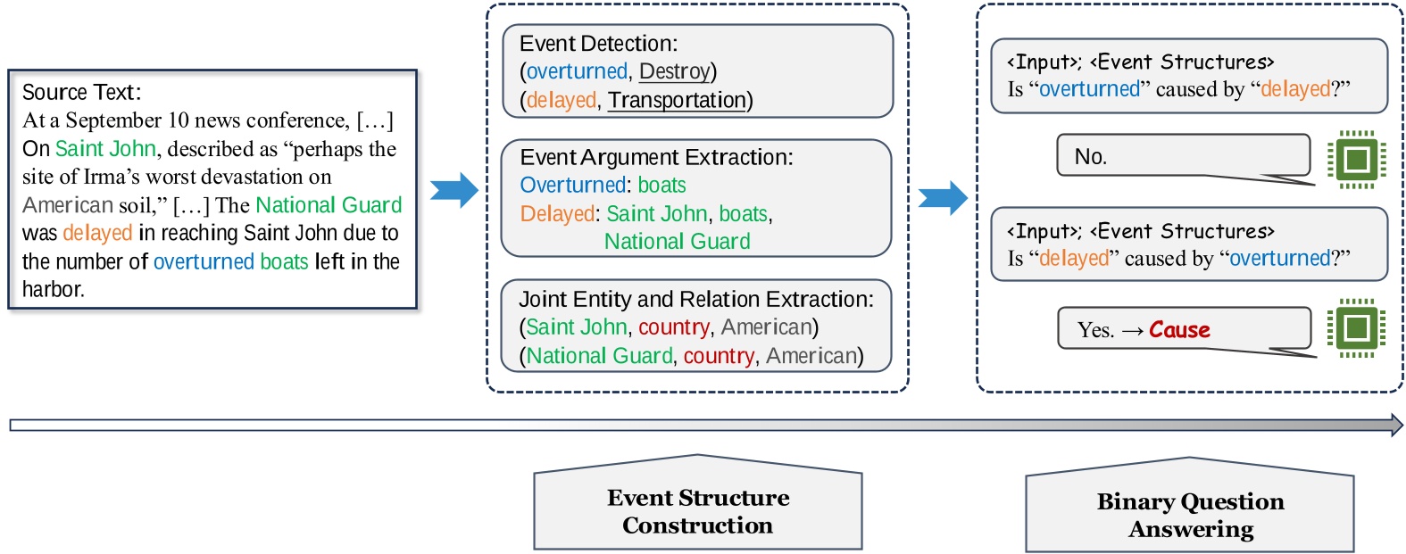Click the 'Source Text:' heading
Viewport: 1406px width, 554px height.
point(81,93)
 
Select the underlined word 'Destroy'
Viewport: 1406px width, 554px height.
point(675,71)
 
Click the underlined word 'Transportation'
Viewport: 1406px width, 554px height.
point(677,100)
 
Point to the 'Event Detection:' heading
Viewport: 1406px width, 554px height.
point(598,43)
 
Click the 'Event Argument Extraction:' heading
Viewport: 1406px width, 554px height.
point(656,157)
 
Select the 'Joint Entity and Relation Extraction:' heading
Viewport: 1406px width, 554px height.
point(696,299)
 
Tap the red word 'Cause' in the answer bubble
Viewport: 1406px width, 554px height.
point(1179,330)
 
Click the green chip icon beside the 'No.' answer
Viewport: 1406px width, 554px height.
point(1356,160)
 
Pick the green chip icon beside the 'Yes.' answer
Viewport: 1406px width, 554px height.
point(1356,327)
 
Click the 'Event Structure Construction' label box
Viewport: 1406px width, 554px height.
point(698,510)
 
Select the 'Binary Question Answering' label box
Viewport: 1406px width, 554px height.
point(1190,514)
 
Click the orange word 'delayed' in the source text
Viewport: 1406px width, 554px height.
point(97,233)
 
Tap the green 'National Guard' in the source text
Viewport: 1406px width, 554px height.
point(329,205)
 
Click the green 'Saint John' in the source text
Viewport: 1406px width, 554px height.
point(105,149)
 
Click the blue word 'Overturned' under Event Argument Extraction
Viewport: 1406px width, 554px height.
point(572,186)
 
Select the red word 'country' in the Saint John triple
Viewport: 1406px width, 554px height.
point(674,327)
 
